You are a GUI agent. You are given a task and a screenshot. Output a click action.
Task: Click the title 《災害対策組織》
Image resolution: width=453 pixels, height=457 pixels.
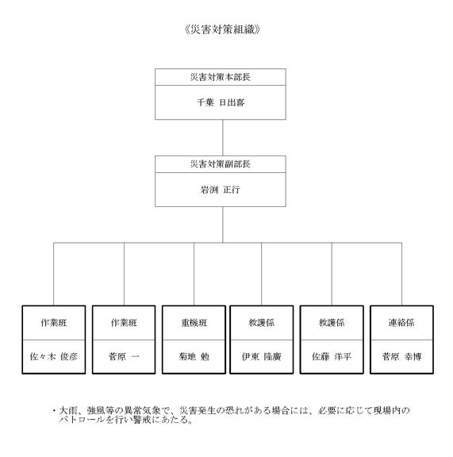tap(222, 29)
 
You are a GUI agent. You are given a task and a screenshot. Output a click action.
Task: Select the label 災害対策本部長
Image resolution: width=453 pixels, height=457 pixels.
tap(221, 77)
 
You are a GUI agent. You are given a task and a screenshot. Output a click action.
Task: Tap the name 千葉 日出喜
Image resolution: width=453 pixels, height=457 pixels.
tap(221, 102)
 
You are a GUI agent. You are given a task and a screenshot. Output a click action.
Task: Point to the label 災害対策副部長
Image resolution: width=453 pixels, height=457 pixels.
tap(221, 164)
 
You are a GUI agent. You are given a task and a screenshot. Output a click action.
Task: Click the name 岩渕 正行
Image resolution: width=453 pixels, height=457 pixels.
tap(221, 190)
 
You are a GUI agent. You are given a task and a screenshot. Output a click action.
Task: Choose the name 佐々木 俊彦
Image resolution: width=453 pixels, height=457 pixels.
tap(54, 356)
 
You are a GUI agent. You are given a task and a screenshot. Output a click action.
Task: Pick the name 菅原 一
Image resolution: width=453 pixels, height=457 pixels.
tap(124, 356)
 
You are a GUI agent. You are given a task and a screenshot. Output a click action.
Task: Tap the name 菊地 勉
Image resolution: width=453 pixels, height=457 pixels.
tap(194, 356)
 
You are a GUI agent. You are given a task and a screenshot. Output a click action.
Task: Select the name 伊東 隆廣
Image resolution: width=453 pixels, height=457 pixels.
tap(262, 356)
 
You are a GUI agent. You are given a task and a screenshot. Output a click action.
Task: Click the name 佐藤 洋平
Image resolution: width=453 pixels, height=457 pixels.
tap(332, 356)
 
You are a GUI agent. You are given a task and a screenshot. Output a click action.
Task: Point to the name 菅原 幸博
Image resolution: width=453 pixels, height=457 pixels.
tap(401, 356)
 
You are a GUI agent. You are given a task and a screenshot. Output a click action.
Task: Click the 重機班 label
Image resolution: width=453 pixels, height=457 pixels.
tap(194, 323)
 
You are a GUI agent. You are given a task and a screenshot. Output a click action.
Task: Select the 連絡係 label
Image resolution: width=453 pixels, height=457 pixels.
tap(401, 323)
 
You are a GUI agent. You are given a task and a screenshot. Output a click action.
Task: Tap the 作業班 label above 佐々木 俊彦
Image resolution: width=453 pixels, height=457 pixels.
tap(54, 323)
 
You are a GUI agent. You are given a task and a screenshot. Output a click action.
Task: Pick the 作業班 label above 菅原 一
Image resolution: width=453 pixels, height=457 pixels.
tap(124, 323)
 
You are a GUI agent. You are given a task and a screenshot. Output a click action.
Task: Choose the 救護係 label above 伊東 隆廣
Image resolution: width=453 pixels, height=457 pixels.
tap(262, 323)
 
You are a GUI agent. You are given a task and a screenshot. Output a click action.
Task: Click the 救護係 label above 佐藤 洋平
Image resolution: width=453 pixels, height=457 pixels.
tap(332, 323)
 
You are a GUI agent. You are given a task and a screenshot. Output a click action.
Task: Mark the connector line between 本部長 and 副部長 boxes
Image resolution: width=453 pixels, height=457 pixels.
tap(223, 137)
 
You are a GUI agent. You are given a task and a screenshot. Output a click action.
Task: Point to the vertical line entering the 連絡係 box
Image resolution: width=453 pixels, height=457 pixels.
tap(401, 274)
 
